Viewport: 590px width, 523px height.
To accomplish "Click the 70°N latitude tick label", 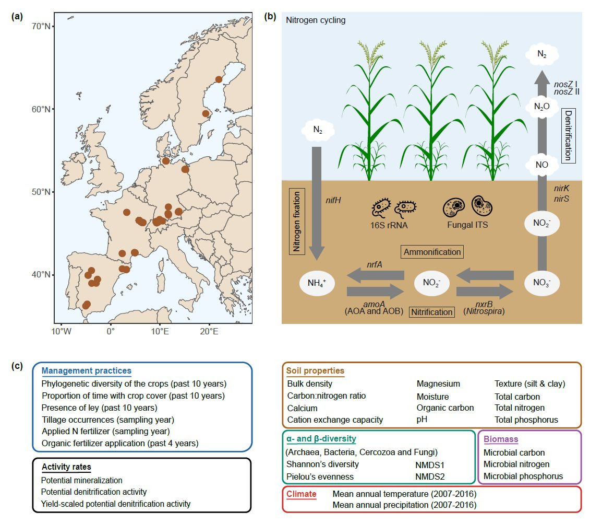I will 42,26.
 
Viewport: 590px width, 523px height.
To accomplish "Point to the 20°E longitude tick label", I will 209,331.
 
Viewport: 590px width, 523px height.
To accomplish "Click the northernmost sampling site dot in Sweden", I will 219,79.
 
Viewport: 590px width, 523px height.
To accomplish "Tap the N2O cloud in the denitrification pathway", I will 542,107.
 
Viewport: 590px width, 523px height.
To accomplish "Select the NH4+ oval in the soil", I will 317,284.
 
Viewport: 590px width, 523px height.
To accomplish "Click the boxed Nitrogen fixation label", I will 297,222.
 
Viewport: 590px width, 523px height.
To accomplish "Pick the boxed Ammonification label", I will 432,252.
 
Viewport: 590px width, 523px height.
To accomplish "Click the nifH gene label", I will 334,200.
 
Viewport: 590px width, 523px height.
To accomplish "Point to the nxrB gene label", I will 484,303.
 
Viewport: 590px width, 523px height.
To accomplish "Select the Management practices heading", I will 87,371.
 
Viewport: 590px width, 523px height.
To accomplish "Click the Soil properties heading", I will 315,371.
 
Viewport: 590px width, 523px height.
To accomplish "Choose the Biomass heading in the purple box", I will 501,439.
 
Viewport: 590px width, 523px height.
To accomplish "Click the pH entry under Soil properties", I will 422,420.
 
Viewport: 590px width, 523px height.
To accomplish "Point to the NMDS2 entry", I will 427,476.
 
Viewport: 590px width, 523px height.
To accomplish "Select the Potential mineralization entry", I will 81,480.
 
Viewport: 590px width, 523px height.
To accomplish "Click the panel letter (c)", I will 18,366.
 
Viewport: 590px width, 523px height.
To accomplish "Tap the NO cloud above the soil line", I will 542,164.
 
